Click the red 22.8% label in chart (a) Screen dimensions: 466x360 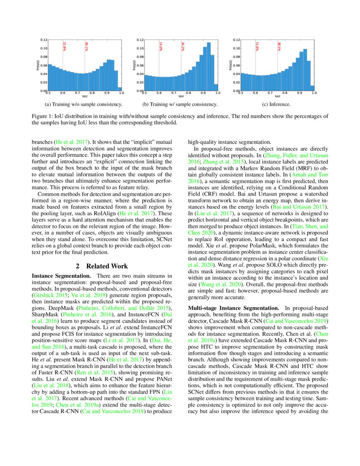pyautogui.click(x=64, y=46)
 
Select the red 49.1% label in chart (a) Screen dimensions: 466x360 pyautogui.click(x=86, y=46)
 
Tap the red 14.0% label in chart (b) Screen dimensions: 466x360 pyautogui.click(x=161, y=46)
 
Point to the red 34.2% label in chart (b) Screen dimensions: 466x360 pyautogui.click(x=183, y=46)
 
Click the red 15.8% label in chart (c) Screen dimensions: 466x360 pyautogui.click(x=257, y=46)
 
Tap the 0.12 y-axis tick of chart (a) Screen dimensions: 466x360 pyautogui.click(x=44, y=40)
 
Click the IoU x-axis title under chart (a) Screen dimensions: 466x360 pyautogui.click(x=84, y=97)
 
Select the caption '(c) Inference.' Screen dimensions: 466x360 pyautogui.click(x=277, y=104)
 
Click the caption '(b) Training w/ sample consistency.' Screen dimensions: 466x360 pyautogui.click(x=180, y=104)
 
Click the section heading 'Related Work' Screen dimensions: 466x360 pyautogui.click(x=107, y=266)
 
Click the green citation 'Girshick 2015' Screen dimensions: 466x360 pyautogui.click(x=50, y=295)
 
